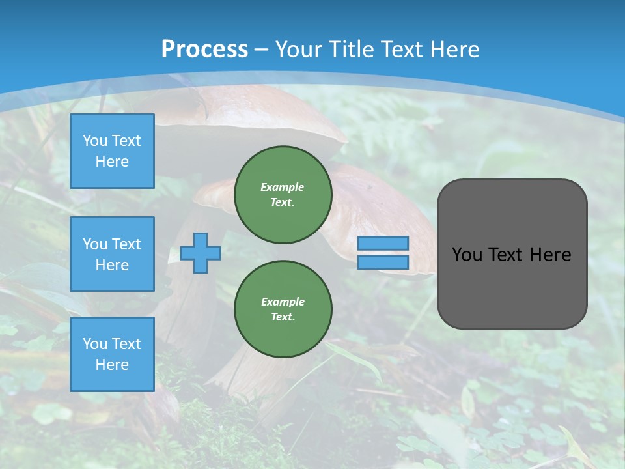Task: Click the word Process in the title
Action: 204,49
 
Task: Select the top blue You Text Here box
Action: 112,151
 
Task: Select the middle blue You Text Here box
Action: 112,254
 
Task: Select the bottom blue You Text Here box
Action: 112,354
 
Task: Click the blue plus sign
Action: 201,253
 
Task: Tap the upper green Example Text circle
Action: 283,195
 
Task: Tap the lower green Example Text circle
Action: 283,309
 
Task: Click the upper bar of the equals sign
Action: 383,243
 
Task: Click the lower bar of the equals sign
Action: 383,262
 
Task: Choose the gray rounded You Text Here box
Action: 512,287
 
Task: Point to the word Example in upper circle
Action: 283,187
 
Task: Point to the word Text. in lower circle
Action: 283,317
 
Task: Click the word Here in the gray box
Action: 550,255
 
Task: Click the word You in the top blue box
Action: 95,141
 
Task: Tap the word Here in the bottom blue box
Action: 112,365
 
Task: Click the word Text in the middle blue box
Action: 126,244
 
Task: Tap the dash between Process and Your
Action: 262,49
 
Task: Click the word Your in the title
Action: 299,49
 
